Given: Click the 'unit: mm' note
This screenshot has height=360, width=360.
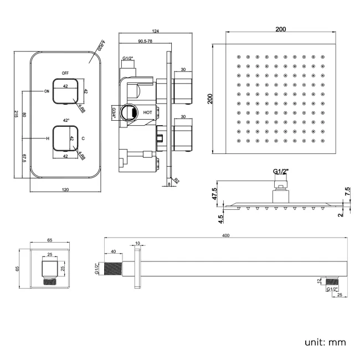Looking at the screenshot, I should tap(325, 342).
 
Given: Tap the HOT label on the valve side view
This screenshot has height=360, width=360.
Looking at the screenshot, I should tap(148, 112).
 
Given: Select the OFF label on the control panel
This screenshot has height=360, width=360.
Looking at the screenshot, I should tap(65, 73).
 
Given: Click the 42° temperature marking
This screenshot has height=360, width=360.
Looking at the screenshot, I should tap(66, 120).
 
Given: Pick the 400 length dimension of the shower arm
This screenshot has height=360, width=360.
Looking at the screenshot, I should tap(225, 235).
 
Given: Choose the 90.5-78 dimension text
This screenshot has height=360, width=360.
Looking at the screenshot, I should tap(146, 42).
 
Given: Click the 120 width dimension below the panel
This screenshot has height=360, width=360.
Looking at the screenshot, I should tap(65, 190).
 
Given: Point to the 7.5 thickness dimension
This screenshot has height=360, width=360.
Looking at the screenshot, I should tap(347, 191).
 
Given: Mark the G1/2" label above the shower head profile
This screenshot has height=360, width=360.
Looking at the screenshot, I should tap(281, 172).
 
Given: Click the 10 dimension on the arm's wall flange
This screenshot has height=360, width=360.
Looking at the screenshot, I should tap(137, 243).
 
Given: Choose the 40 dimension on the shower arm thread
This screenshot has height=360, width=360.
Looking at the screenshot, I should tap(114, 251).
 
